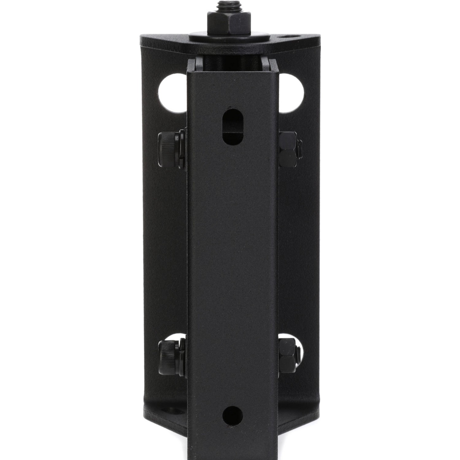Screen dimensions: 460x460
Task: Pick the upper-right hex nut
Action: pos(288,148)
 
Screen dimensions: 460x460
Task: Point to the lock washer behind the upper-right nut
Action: pos(300,148)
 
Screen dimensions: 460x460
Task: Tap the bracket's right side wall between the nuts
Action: pos(296,245)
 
